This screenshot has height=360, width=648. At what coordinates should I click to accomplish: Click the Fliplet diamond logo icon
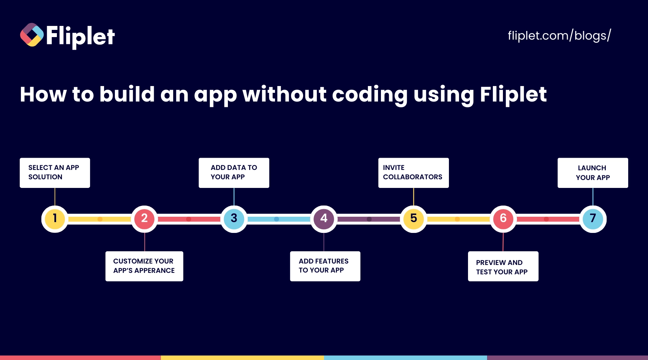32,35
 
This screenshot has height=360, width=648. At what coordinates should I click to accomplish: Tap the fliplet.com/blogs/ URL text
559,36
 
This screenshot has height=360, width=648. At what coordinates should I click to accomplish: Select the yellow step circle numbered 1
55,219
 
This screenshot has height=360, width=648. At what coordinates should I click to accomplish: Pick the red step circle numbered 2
144,219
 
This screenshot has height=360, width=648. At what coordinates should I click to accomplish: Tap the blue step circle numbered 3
234,219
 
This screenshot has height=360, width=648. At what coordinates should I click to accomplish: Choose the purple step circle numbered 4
324,219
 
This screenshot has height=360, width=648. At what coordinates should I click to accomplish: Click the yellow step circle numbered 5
414,219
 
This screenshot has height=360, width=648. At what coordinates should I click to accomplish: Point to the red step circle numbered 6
503,219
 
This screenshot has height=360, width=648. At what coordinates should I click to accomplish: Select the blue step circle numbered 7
593,219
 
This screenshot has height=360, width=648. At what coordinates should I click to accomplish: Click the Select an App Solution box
55,173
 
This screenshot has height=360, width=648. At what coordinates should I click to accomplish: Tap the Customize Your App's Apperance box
144,266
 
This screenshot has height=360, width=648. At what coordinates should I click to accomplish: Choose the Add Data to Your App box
234,173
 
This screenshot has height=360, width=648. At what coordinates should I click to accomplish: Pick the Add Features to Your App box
325,266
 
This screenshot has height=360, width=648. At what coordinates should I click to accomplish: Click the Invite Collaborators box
414,173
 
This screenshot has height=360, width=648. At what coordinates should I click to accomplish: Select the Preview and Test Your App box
503,266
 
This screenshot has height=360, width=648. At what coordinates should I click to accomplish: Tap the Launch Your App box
593,173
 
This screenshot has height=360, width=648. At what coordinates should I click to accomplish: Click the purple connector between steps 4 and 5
369,219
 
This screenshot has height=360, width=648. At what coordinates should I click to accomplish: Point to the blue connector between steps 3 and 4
279,219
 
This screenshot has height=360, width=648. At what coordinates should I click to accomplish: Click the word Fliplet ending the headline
513,94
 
